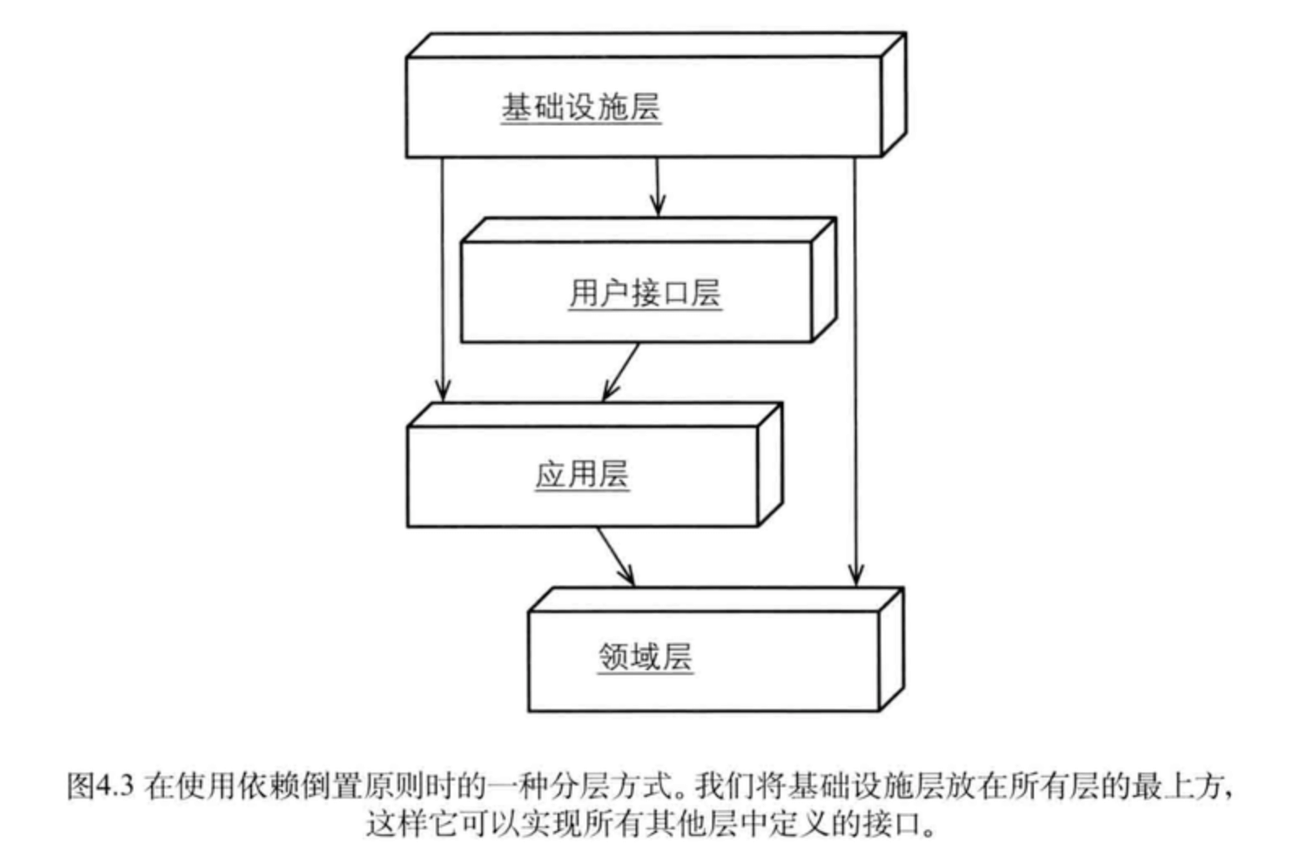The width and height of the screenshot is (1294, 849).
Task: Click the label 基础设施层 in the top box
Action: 580,107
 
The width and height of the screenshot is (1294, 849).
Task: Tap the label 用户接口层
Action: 645,293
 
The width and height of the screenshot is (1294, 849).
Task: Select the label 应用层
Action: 582,474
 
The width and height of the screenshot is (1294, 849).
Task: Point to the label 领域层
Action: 645,657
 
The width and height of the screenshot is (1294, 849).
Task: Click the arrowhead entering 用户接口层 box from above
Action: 658,207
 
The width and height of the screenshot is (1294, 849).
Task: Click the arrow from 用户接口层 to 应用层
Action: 622,372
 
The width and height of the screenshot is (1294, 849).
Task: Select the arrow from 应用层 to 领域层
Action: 615,556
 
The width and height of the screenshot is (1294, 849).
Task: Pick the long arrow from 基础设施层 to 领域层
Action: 854,366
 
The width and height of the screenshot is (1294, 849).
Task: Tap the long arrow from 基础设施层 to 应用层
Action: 442,276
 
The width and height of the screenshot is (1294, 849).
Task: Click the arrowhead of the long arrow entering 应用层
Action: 442,392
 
